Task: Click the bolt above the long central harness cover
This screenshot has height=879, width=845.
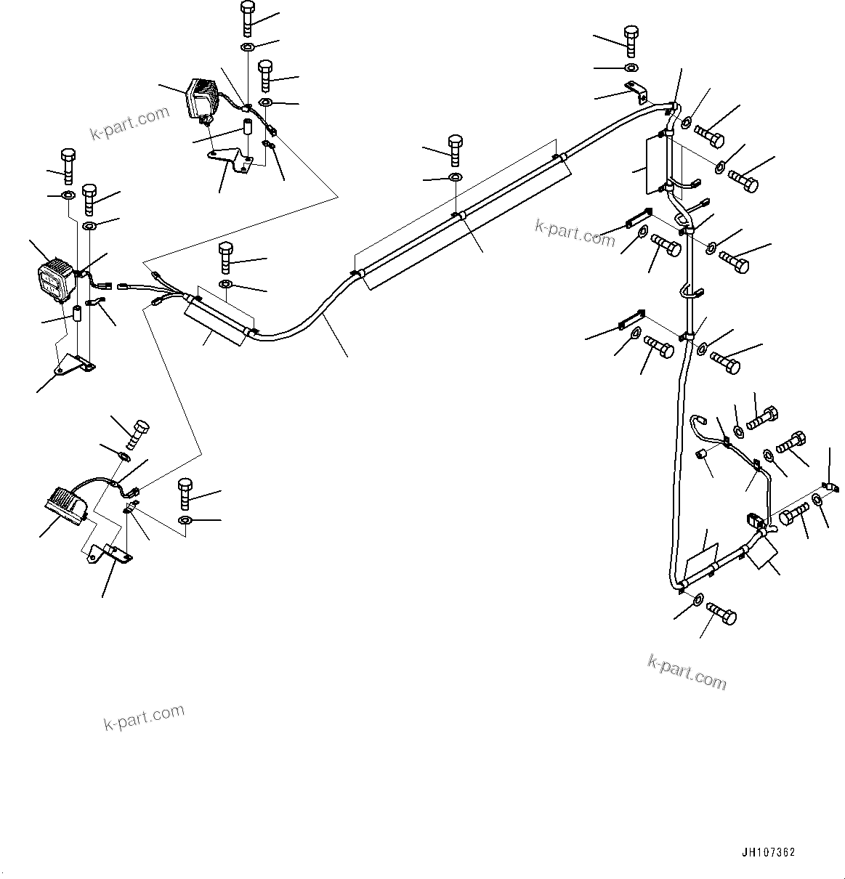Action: pyautogui.click(x=456, y=149)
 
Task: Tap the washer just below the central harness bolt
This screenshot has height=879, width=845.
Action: pyautogui.click(x=455, y=177)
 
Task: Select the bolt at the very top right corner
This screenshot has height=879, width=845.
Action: pyautogui.click(x=631, y=40)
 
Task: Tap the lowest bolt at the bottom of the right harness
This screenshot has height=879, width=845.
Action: pyautogui.click(x=721, y=615)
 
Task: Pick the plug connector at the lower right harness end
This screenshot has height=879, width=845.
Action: pyautogui.click(x=754, y=522)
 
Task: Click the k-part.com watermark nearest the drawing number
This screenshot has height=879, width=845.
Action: pyautogui.click(x=687, y=671)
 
